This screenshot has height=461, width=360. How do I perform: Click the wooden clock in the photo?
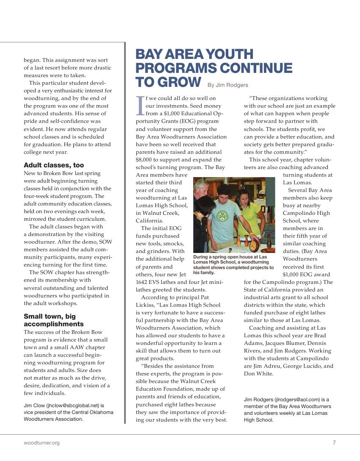pos(254,245)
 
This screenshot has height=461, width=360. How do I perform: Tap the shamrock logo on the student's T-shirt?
pos(222,216)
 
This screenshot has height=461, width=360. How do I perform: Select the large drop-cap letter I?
pos(140,106)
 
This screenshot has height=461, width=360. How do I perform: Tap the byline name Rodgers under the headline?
pos(238,85)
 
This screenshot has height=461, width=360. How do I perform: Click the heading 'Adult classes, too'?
pos(54,165)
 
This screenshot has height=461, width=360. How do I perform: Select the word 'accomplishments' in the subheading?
pos(54,324)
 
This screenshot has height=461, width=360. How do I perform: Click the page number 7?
pos(334,443)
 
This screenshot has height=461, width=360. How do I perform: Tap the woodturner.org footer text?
pos(42,443)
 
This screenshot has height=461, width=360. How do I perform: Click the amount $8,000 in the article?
pos(144,160)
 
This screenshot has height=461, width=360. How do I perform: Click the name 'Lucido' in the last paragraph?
pos(312,366)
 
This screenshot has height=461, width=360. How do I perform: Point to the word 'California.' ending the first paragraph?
pos(149,221)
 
